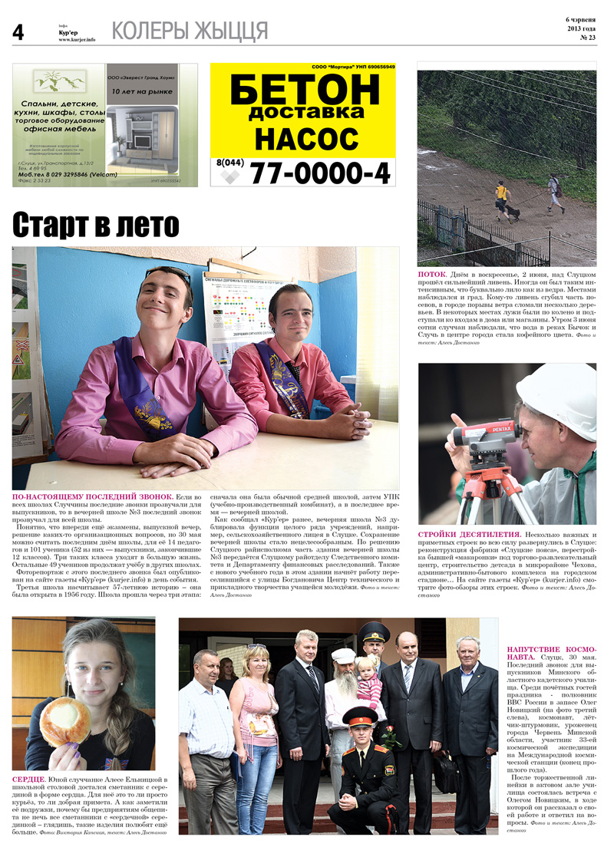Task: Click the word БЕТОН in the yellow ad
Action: [303, 91]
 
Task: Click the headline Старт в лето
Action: [96, 225]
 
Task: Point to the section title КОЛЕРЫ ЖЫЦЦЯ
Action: [190, 31]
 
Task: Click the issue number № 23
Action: [588, 37]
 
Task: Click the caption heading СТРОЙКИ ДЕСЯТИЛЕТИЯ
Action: [480, 534]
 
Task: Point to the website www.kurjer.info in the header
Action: [77, 39]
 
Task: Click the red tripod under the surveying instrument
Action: [486, 491]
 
